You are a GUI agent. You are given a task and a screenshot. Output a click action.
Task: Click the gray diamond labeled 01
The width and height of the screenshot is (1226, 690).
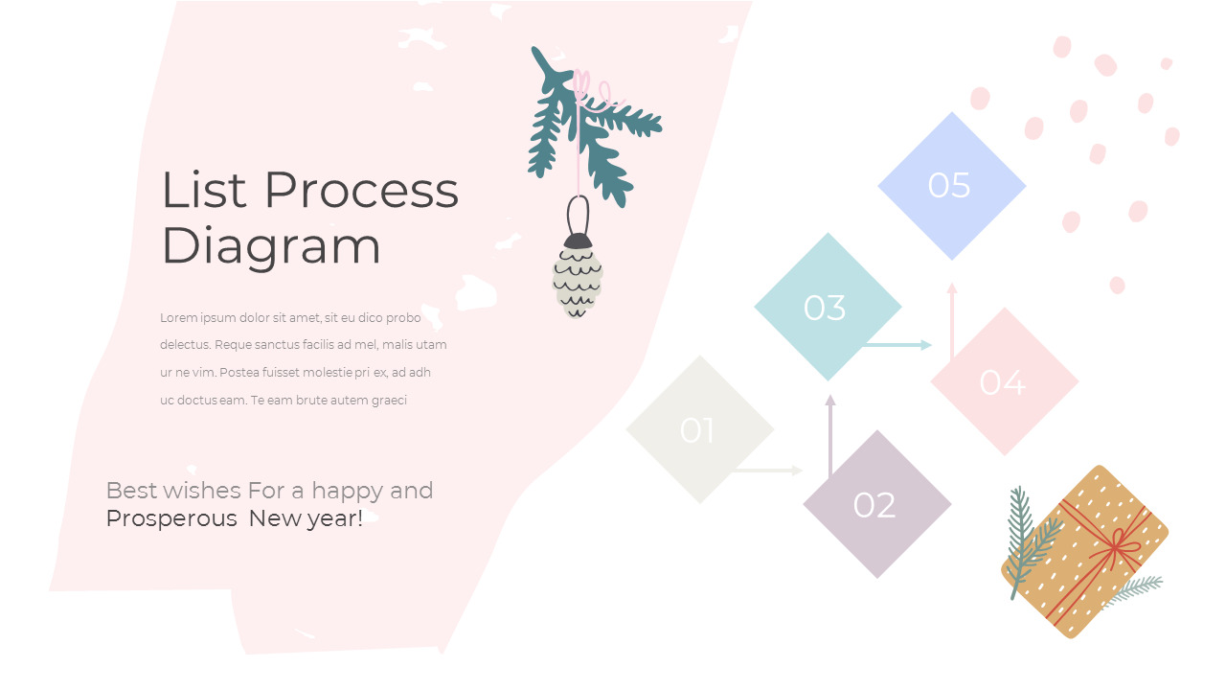click(699, 429)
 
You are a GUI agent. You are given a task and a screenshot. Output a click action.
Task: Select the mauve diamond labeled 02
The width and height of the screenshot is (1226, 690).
click(876, 504)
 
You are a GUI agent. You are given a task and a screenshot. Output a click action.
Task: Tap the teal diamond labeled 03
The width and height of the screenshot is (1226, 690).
click(827, 307)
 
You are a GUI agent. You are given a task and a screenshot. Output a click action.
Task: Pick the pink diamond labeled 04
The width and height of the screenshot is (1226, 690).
click(1004, 381)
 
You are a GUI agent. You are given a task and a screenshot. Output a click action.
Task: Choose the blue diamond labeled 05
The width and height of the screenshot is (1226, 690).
click(951, 185)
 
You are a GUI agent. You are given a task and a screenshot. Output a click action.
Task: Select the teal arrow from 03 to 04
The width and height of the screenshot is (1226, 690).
click(898, 345)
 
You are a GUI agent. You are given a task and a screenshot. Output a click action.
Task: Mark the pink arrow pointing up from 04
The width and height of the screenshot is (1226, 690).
click(951, 321)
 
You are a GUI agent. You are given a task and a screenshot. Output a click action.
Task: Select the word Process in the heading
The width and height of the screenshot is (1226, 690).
click(361, 190)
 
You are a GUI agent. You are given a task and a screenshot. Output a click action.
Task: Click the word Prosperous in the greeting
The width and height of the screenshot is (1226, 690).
click(170, 519)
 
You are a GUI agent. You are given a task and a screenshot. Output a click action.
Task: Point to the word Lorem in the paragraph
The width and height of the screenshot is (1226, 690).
click(178, 318)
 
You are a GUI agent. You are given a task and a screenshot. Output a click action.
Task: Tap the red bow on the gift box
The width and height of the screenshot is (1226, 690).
click(1117, 549)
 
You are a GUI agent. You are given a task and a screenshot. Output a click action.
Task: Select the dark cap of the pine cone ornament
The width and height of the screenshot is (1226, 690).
click(578, 241)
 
